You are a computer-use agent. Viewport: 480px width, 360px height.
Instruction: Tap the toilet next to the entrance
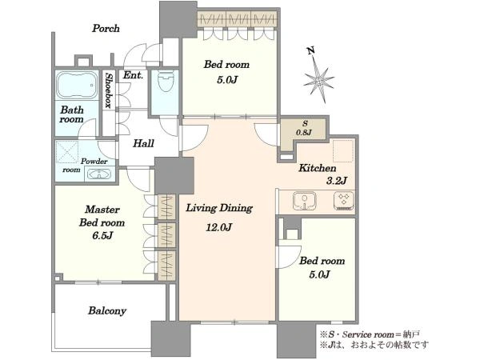tap(166, 81)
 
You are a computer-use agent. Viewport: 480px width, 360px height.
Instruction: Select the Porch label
tap(106, 29)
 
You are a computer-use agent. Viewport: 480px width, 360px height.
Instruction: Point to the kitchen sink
tap(304, 201)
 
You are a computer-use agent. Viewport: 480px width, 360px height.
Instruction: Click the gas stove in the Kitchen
tap(344, 201)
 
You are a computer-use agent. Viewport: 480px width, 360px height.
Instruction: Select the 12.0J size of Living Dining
tap(218, 227)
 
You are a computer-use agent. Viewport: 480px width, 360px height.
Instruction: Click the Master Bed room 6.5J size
tap(102, 236)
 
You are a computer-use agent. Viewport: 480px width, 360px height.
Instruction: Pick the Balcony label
tap(107, 311)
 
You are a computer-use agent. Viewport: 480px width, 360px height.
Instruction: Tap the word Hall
tap(143, 143)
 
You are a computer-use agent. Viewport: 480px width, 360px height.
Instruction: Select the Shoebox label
tap(108, 90)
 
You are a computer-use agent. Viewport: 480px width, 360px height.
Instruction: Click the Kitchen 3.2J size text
tap(337, 181)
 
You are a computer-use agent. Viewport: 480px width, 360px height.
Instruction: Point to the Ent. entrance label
tap(133, 75)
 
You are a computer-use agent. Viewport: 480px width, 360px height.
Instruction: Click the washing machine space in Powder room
tap(68, 151)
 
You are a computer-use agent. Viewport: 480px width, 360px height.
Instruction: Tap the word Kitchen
tap(318, 168)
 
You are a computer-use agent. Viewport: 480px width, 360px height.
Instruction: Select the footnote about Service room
tap(370, 334)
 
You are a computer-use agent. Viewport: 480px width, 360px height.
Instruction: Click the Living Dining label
tap(219, 209)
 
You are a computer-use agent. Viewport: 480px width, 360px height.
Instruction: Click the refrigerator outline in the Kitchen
tap(343, 151)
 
